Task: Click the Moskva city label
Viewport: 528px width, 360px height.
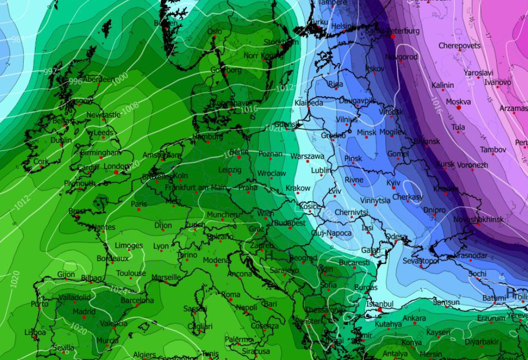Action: click(458, 101)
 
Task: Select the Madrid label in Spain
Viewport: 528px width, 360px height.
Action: click(83, 311)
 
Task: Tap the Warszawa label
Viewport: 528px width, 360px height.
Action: click(307, 156)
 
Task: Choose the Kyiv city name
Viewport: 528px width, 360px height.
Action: click(394, 183)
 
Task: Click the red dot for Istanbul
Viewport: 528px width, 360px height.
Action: click(380, 310)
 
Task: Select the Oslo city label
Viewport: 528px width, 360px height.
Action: click(214, 31)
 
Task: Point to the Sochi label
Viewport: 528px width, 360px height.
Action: click(477, 274)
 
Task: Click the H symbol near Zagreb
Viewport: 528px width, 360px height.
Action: click(268, 252)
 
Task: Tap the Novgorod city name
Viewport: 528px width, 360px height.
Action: click(401, 56)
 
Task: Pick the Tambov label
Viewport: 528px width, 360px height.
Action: click(493, 150)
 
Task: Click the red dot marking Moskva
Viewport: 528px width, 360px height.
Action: click(458, 107)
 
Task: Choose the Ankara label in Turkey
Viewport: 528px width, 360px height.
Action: click(414, 318)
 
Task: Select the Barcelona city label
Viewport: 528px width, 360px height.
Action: click(137, 300)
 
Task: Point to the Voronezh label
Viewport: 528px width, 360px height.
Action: click(472, 165)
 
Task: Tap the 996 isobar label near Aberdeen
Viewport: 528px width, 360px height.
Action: click(76, 81)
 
